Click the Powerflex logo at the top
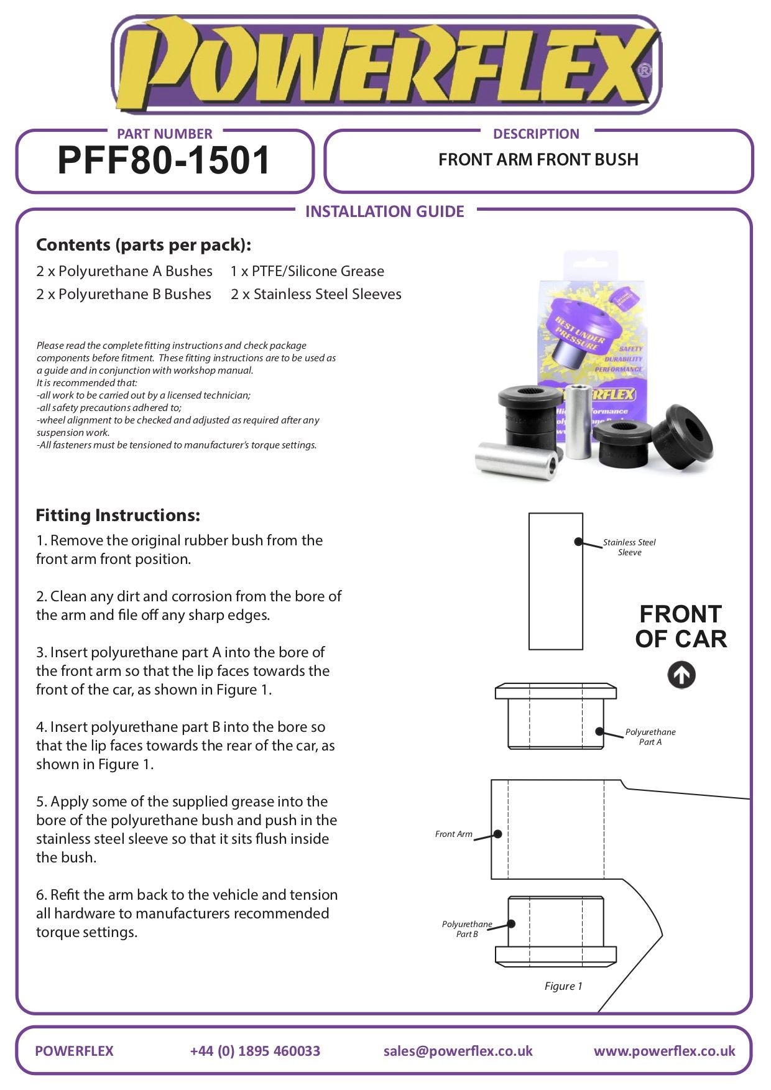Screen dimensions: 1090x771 (386, 65)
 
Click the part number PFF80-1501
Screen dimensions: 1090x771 (164, 160)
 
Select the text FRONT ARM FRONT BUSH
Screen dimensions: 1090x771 (538, 160)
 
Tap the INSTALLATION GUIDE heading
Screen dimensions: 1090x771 (384, 211)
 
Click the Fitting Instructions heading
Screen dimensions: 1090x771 (118, 515)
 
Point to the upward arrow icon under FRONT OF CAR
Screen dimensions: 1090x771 (681, 675)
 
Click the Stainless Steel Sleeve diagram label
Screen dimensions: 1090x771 (629, 547)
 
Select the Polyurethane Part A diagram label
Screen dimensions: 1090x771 (650, 737)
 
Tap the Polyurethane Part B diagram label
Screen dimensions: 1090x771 (467, 929)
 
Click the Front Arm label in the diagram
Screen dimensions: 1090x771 (454, 834)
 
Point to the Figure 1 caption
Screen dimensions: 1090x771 (563, 986)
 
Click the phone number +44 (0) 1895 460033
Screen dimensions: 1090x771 (255, 1051)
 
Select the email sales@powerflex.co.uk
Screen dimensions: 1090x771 (458, 1051)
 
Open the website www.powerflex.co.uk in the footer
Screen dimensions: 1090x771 (664, 1051)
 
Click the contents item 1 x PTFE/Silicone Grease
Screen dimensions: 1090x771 (307, 271)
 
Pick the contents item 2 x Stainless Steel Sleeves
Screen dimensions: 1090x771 (316, 294)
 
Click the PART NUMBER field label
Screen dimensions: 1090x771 (164, 134)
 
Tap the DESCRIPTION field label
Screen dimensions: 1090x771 (536, 134)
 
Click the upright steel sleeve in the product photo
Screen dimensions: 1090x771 (578, 422)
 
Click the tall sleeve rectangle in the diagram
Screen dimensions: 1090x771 (555, 581)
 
